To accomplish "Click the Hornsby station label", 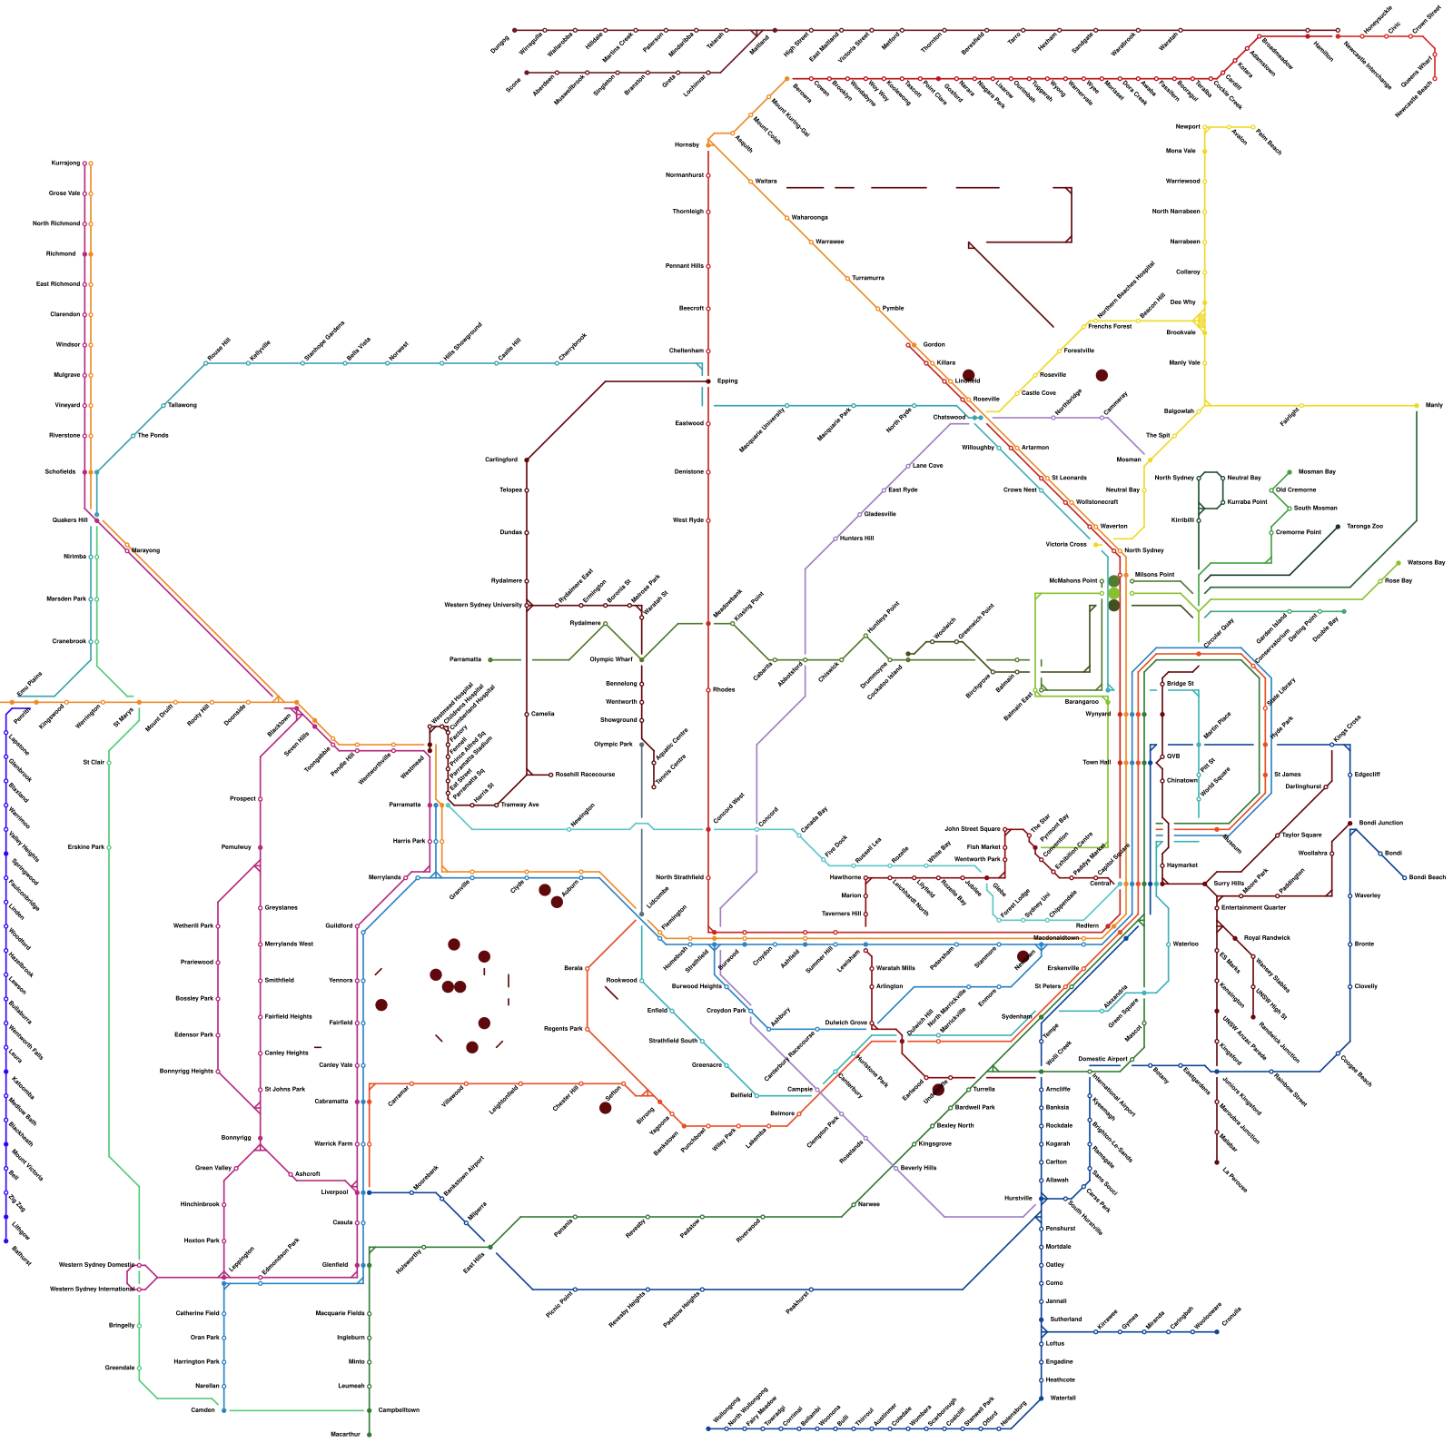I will click(687, 144).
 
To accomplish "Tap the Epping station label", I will click(727, 381).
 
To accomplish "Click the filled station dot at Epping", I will click(708, 381).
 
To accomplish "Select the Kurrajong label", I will click(65, 163).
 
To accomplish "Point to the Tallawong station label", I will click(182, 405).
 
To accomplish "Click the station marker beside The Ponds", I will click(133, 436).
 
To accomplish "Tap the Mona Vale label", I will click(1181, 151).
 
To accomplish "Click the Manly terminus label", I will click(1434, 405).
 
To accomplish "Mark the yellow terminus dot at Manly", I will click(1417, 405).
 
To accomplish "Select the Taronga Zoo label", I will click(1364, 526).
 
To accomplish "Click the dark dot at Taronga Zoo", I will click(1338, 527).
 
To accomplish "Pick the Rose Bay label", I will click(1399, 580).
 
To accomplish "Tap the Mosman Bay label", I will click(1317, 471).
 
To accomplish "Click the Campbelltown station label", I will click(399, 1410).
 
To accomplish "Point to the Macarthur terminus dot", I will click(370, 1435).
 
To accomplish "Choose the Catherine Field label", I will click(197, 1313).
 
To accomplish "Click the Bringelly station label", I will click(122, 1325).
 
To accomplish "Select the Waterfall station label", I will click(1063, 1398).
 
